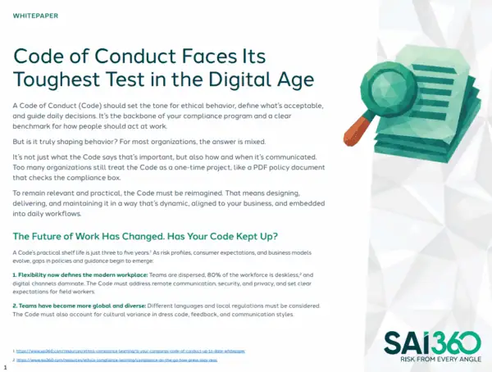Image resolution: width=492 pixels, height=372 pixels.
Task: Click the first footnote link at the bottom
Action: pos(131,350)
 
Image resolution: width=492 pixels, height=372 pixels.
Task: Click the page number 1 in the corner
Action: pos(5,367)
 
